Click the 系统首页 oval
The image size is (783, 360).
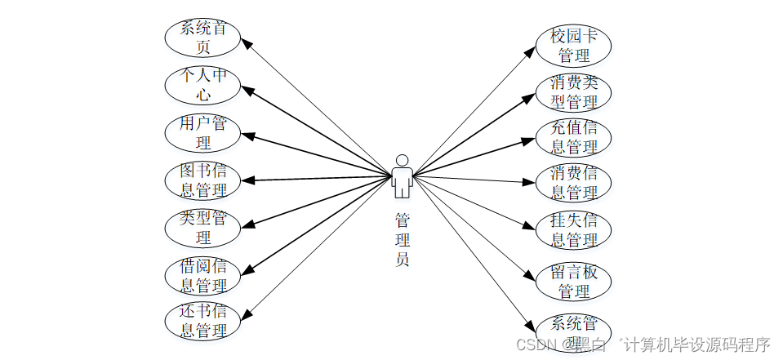202,38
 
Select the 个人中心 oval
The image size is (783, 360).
202,85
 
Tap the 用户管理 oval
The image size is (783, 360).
202,132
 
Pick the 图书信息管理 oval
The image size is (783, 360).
202,180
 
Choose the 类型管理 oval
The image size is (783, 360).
202,228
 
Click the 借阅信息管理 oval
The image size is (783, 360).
202,276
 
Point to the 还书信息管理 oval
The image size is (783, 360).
202,321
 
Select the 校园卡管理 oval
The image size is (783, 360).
574,46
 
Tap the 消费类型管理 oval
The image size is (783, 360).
574,92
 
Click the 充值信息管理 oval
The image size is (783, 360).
574,137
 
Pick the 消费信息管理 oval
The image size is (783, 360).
574,183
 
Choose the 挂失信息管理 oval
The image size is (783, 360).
574,230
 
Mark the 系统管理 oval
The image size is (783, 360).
574,329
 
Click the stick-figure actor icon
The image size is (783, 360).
401,176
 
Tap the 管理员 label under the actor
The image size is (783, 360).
402,240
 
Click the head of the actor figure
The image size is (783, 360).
401,159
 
